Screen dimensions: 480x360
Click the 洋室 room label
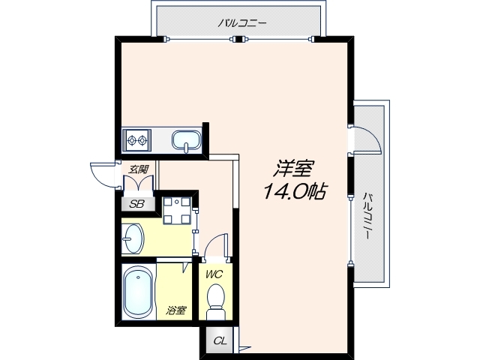pos(293,169)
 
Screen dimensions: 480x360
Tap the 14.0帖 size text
pos(294,191)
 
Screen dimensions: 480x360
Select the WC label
pos(214,274)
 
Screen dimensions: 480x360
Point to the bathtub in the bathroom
pos(138,292)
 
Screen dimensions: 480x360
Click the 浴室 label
pos(175,310)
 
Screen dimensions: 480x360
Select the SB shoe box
pos(137,203)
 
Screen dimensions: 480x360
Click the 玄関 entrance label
pos(138,169)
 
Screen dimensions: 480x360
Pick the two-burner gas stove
pos(136,140)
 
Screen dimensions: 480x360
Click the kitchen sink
pos(187,142)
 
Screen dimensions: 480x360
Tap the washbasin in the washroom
pos(133,238)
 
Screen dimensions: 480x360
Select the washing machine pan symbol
pos(177,211)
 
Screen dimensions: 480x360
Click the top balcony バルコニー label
pos(242,23)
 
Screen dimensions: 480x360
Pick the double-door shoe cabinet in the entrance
pos(138,183)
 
